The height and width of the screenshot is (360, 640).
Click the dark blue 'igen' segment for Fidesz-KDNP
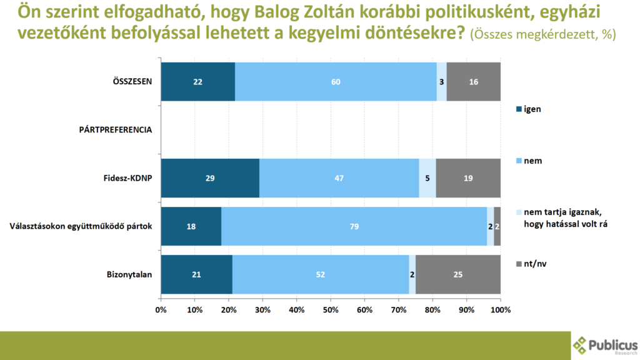pyautogui.click(x=210, y=178)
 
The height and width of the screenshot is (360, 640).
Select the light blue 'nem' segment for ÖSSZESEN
pyautogui.click(x=336, y=82)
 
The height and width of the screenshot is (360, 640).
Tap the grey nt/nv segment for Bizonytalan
pyautogui.click(x=458, y=274)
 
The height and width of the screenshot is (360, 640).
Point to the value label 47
pyautogui.click(x=339, y=178)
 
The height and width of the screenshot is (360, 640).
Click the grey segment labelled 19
pyautogui.click(x=468, y=178)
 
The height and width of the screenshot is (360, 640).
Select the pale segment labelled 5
pyautogui.click(x=427, y=178)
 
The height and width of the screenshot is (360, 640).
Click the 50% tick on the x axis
pyautogui.click(x=331, y=310)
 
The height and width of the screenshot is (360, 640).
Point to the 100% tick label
pyautogui.click(x=501, y=310)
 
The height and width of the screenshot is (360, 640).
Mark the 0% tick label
pyautogui.click(x=161, y=310)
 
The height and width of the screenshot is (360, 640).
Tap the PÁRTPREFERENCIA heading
pyautogui.click(x=116, y=130)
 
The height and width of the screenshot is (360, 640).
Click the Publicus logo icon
pyautogui.click(x=581, y=344)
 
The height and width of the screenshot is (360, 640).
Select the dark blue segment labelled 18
pyautogui.click(x=191, y=226)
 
